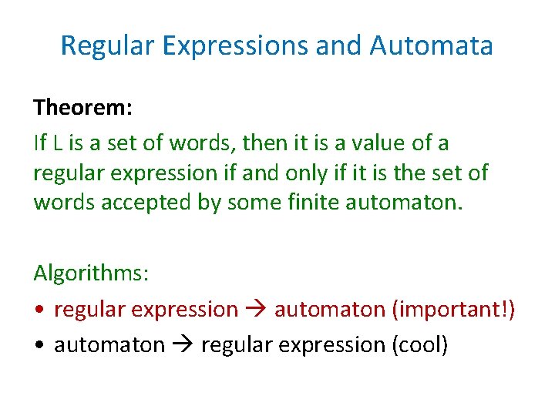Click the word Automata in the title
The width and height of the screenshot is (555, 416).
(431, 45)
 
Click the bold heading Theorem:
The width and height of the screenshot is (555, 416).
(82, 107)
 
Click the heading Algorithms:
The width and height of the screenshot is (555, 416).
(92, 273)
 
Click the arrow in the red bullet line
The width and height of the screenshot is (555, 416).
(256, 310)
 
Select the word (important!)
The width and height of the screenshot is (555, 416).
(453, 310)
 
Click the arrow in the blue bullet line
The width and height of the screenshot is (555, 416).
(183, 345)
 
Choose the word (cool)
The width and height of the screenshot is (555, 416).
(419, 344)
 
